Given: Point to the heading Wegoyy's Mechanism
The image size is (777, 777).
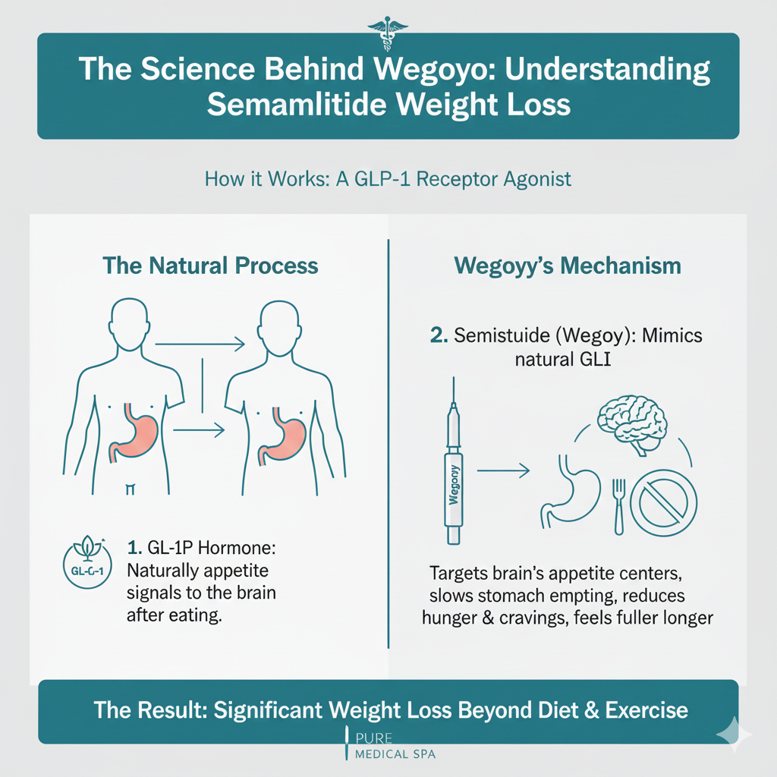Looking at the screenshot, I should coord(568,266).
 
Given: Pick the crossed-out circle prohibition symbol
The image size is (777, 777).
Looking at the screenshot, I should coord(664,502).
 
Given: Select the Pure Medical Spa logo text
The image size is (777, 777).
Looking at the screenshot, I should coord(394,745).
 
